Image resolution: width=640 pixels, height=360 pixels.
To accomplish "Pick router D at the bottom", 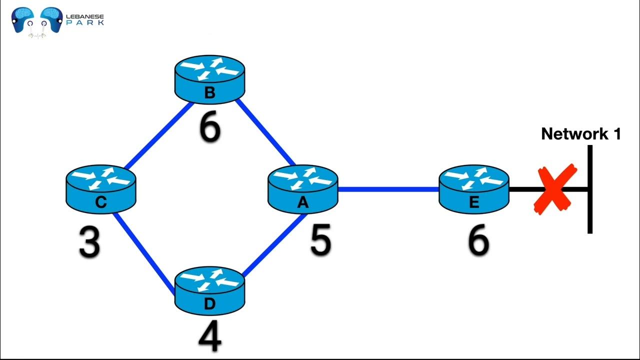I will point(210,290).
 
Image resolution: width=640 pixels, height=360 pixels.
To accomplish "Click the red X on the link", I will point(555,190).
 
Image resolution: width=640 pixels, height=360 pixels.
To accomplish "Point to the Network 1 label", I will point(580,133).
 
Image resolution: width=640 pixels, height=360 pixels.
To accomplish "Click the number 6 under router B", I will point(209,128).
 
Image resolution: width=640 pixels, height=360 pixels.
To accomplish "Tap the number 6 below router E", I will point(477,241).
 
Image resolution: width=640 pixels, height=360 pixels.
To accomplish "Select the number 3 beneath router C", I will point(89,243).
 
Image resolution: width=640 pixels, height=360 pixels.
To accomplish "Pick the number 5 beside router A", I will point(320,240).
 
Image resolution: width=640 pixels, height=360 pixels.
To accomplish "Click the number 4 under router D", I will point(209,338).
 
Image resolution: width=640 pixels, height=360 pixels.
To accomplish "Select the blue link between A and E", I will point(388,189).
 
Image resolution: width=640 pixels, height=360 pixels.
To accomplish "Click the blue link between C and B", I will point(159,134).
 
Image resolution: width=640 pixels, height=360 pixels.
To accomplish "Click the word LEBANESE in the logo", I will point(85,16).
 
